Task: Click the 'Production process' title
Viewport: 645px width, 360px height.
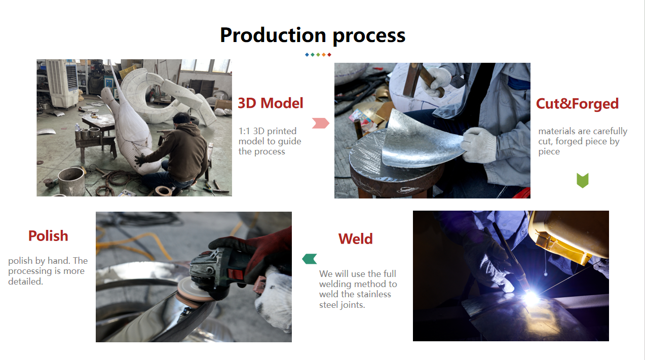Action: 313,35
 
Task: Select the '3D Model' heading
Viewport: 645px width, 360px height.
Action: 271,103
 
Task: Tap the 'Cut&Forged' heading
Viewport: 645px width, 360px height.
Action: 577,104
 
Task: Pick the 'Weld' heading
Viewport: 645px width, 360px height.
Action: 355,239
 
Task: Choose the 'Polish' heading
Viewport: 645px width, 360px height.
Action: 48,236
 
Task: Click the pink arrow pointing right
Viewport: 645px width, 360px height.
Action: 321,123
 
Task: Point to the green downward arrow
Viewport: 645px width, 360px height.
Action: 583,180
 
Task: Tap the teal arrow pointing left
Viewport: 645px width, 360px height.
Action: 310,259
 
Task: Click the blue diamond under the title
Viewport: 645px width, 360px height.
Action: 307,55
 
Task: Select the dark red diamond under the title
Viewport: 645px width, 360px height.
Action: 329,55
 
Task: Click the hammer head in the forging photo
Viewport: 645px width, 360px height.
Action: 412,79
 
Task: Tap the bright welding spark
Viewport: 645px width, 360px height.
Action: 530,297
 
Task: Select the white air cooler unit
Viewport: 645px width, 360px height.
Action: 62,83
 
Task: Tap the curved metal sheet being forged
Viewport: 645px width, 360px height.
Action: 423,140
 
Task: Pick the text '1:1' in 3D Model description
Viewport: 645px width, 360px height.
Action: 244,131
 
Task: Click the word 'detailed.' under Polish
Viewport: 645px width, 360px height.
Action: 26,282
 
